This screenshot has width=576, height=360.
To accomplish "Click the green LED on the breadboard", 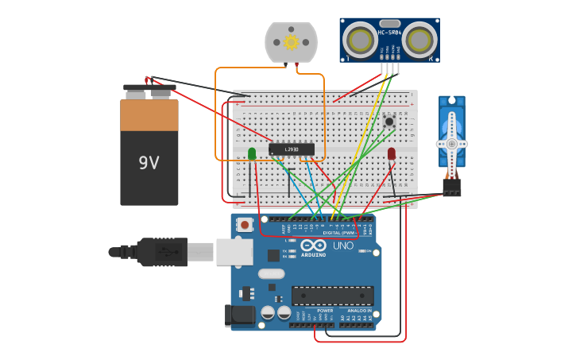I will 252,153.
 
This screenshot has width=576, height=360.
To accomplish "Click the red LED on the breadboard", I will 392,153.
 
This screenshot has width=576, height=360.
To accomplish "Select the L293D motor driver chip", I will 292,149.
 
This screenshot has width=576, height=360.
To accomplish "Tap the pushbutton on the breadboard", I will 389,121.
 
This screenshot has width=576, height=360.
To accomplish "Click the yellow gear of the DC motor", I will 291,42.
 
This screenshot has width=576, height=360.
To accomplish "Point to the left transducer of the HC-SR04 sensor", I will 361,38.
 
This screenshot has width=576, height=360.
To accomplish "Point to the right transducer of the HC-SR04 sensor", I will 419,38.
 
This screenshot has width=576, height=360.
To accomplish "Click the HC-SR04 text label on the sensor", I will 390,33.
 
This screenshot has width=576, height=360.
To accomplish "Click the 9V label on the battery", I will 149,163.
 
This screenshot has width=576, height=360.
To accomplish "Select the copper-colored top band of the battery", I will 149,115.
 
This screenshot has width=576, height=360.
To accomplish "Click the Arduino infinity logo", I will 313,246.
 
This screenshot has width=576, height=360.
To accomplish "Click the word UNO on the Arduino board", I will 342,246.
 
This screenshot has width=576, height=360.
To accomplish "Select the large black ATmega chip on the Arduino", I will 332,296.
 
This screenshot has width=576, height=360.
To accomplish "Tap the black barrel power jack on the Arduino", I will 240,315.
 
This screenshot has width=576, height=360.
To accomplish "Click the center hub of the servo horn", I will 451,144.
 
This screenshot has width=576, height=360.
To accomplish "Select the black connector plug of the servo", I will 452,188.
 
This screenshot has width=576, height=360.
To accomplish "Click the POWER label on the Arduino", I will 303,311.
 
